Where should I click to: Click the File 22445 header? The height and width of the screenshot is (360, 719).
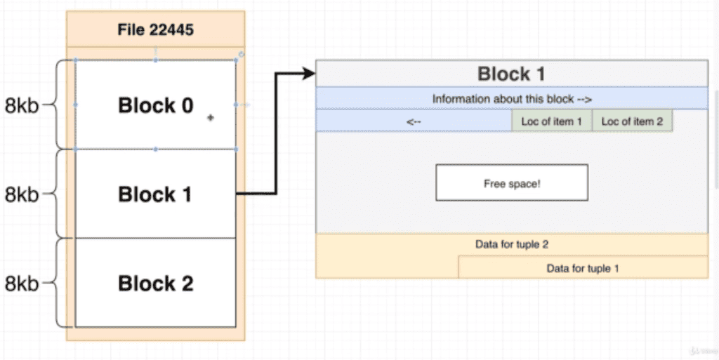click(x=155, y=29)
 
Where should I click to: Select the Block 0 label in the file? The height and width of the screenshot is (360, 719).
click(x=155, y=105)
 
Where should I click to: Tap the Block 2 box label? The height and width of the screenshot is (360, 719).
click(x=155, y=284)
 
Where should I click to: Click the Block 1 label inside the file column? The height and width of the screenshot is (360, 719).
click(x=155, y=194)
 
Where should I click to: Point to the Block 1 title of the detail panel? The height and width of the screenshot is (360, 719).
click(x=511, y=74)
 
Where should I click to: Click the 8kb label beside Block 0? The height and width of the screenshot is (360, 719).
click(x=22, y=106)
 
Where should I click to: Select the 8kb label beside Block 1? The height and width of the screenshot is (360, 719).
click(x=22, y=195)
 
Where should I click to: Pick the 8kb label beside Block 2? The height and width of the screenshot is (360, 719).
click(x=22, y=284)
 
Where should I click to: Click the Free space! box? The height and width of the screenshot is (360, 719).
click(x=512, y=183)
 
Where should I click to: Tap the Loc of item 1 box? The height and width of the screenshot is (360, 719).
click(x=552, y=121)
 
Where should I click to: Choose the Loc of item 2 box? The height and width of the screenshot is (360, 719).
click(x=632, y=121)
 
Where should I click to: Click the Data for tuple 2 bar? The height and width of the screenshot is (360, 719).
click(x=512, y=245)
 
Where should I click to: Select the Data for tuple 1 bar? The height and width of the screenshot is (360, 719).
click(x=583, y=267)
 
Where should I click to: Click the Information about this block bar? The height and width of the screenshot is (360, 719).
click(x=512, y=99)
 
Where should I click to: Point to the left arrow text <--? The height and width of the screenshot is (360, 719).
click(x=414, y=121)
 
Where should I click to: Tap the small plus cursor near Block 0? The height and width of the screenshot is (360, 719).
click(x=210, y=119)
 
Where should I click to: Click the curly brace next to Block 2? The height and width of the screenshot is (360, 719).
click(x=62, y=284)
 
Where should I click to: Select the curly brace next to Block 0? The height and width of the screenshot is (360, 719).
click(x=62, y=105)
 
